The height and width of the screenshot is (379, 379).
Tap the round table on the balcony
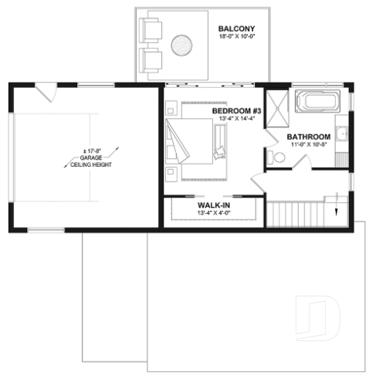click(182, 46)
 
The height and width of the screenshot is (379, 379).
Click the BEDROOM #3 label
click(237, 111)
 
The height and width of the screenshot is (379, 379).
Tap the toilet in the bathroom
click(276, 157)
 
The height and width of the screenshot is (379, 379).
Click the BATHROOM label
click(309, 137)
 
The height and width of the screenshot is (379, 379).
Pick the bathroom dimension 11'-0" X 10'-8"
click(309, 145)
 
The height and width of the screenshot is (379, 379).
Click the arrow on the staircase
click(337, 209)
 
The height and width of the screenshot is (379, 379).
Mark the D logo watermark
click(320, 317)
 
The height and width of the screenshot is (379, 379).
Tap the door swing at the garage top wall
click(47, 92)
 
